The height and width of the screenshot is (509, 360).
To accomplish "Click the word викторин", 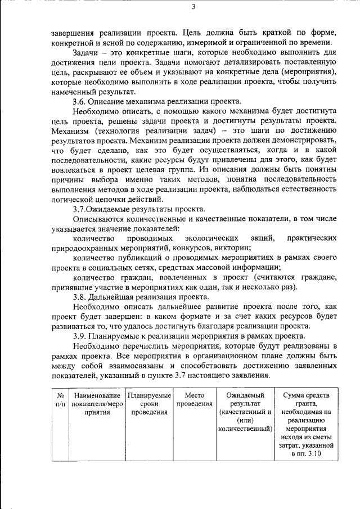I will [233, 248].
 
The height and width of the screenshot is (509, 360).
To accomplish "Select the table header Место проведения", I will [194, 399].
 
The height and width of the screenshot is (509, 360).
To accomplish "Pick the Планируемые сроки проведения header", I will [149, 403].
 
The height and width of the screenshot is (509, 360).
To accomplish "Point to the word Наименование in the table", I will [97, 395].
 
